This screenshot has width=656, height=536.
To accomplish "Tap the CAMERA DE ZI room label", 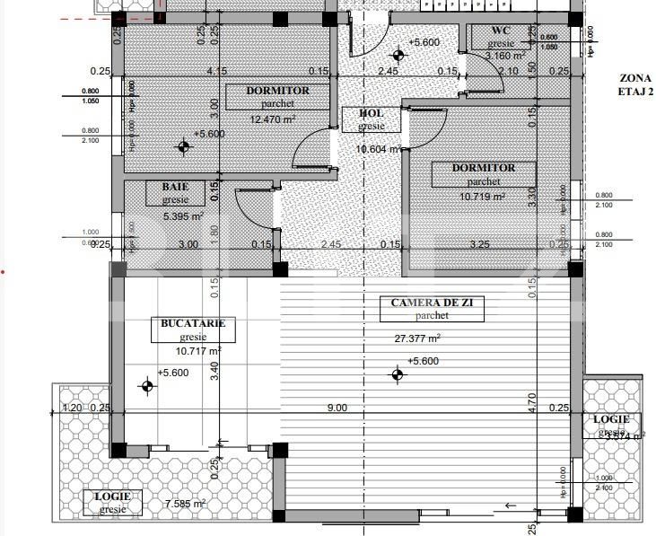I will tap(438, 303).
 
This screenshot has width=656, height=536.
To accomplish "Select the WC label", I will tap(501, 31).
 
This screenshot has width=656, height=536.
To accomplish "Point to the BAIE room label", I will tap(175, 187).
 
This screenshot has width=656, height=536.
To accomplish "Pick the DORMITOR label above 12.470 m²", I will tap(278, 91).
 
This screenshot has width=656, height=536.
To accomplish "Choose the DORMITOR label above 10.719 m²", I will tap(484, 168).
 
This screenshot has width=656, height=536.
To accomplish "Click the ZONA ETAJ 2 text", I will tap(635, 84).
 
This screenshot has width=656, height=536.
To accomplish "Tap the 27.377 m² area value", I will tap(418, 338).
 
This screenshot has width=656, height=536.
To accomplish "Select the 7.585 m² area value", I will tap(186, 504).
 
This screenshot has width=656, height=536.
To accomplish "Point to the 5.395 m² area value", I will tap(183, 216).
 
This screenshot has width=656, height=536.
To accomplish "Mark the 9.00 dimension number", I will tap(337, 409).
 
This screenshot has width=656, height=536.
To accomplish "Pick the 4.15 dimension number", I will tap(215, 71).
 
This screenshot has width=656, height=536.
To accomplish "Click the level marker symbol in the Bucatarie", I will tap(147, 386).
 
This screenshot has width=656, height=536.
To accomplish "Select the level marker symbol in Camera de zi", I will tap(398, 374).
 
